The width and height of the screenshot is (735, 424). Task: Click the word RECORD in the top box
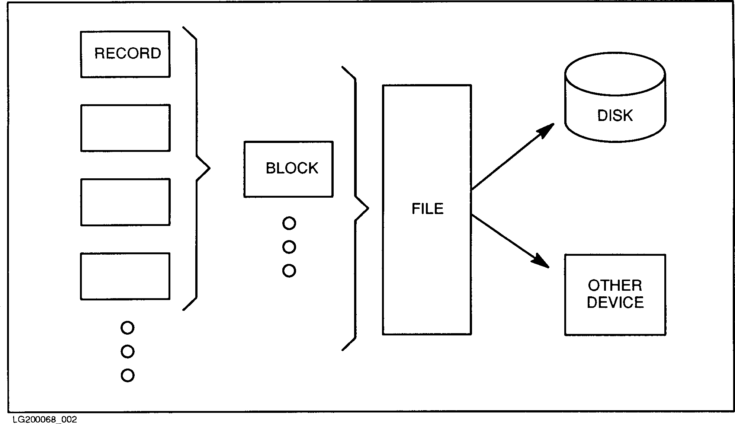point(128,54)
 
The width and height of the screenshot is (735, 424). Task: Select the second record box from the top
point(125,128)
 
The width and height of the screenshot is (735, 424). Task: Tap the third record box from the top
point(125,202)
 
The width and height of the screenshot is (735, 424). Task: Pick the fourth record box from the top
point(125,276)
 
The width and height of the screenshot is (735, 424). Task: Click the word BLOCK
point(292,168)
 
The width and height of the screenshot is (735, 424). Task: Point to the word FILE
point(427,209)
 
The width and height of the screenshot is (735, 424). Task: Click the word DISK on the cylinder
point(615,116)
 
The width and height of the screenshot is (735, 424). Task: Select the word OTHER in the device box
point(615,286)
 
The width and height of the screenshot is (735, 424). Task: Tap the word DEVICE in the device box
point(615,303)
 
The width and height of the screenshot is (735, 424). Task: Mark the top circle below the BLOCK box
point(289,223)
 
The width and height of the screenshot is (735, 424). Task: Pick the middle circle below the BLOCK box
point(289,247)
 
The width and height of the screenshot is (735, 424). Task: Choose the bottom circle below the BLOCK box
point(289,271)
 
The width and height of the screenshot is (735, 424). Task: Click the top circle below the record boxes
point(128,328)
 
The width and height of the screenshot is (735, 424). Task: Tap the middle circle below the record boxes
point(128,352)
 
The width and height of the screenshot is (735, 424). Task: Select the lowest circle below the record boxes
point(128,376)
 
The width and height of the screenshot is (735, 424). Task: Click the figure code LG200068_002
point(45,420)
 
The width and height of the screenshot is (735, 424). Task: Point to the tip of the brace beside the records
point(209,168)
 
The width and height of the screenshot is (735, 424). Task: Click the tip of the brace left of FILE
point(368,208)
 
